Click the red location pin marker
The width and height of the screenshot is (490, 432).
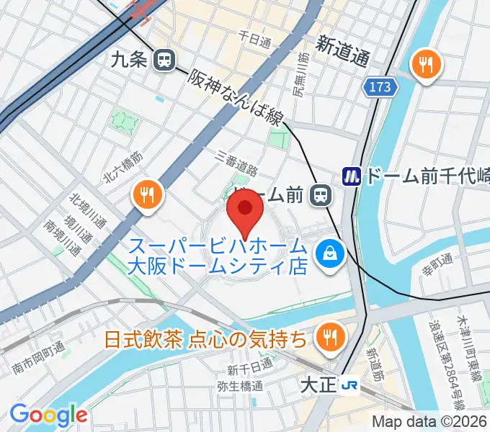[245, 213]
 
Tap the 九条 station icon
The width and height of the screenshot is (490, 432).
[165, 60]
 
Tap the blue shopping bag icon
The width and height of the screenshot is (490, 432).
[331, 253]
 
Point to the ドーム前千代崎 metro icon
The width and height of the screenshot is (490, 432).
[351, 176]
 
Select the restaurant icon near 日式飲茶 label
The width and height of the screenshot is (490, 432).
[331, 336]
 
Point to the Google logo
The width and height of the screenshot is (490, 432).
[48, 415]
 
